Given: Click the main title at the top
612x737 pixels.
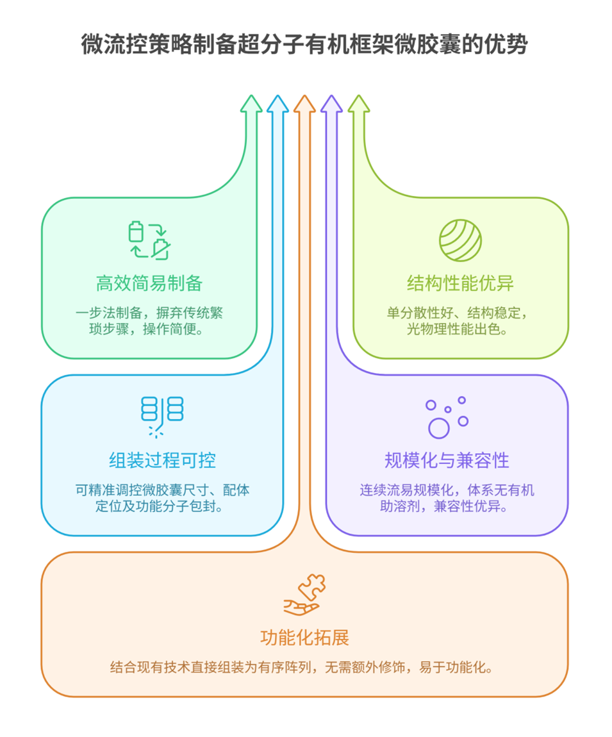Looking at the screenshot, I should [x=305, y=45].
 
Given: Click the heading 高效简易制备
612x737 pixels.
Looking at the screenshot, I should [x=149, y=283].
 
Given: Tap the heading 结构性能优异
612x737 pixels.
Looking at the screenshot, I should [x=460, y=283].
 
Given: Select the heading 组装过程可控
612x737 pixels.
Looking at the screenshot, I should [x=162, y=460].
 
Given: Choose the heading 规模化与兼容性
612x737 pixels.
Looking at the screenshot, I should [x=447, y=460].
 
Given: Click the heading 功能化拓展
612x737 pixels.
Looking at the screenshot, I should [x=304, y=638].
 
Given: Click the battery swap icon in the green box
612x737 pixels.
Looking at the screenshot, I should [x=149, y=240].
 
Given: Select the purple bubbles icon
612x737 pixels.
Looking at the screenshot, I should [x=447, y=417].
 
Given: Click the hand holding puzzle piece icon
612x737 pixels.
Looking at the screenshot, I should [x=304, y=595].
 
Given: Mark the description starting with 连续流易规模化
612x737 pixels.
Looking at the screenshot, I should [x=447, y=499].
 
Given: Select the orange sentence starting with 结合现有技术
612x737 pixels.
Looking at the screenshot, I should [x=304, y=667].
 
